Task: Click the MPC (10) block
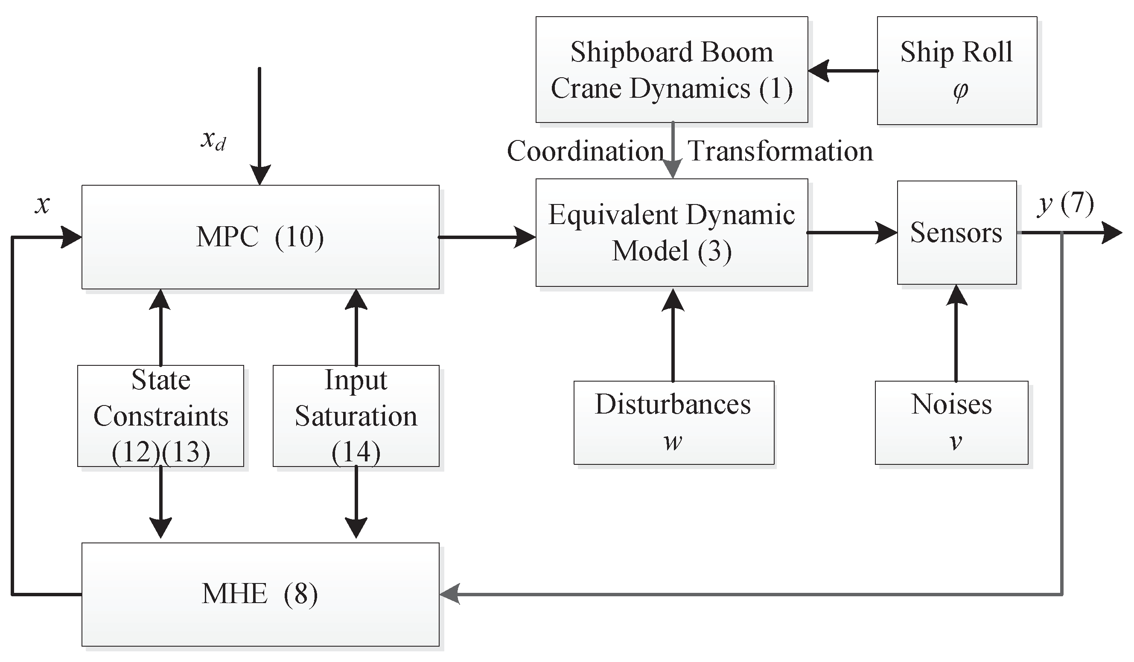(x=260, y=237)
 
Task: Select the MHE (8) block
(x=260, y=594)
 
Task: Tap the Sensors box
(x=956, y=233)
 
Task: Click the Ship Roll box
(x=957, y=71)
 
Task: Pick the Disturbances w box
(x=673, y=423)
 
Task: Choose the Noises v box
(x=951, y=423)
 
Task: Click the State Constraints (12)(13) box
(x=160, y=416)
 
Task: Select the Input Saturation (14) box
(x=356, y=416)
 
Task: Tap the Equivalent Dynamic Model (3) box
(x=671, y=233)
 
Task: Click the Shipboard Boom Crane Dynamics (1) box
(x=671, y=70)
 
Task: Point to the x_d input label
(x=213, y=140)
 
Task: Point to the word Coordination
(x=585, y=151)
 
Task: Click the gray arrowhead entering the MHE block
(x=450, y=595)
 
